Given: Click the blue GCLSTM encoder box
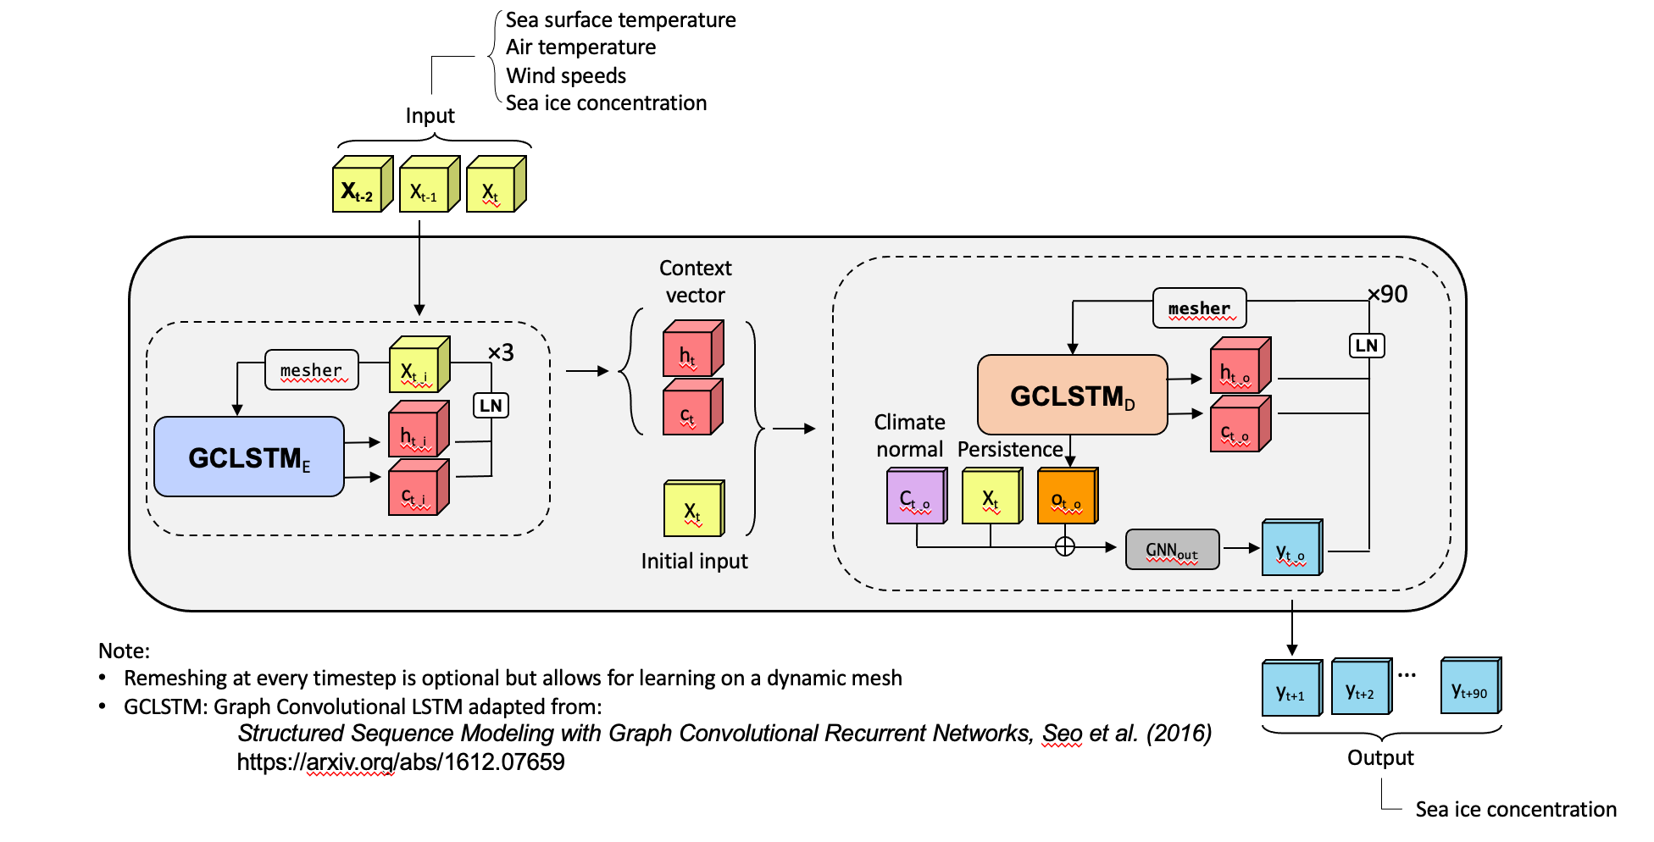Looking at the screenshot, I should (x=249, y=457).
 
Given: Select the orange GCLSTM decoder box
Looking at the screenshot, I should (x=1072, y=395).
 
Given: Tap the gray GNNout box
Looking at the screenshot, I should (x=1172, y=550).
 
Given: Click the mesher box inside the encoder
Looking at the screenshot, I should (x=311, y=370).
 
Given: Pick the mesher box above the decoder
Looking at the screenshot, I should (x=1199, y=308).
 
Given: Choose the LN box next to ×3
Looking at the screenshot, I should (x=491, y=405).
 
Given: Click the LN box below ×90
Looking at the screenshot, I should (x=1366, y=346).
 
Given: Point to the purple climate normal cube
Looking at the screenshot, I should (x=915, y=498).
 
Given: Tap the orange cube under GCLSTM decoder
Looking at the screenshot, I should (x=1067, y=497).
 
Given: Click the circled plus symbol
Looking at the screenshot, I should (x=1065, y=547).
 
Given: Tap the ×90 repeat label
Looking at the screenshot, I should (x=1387, y=294).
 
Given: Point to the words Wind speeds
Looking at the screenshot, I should (x=566, y=75).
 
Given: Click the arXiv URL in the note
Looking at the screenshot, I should (x=401, y=762).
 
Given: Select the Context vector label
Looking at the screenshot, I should (x=695, y=281).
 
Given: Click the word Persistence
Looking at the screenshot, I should (x=1010, y=449).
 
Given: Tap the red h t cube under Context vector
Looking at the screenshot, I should (x=691, y=350).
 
